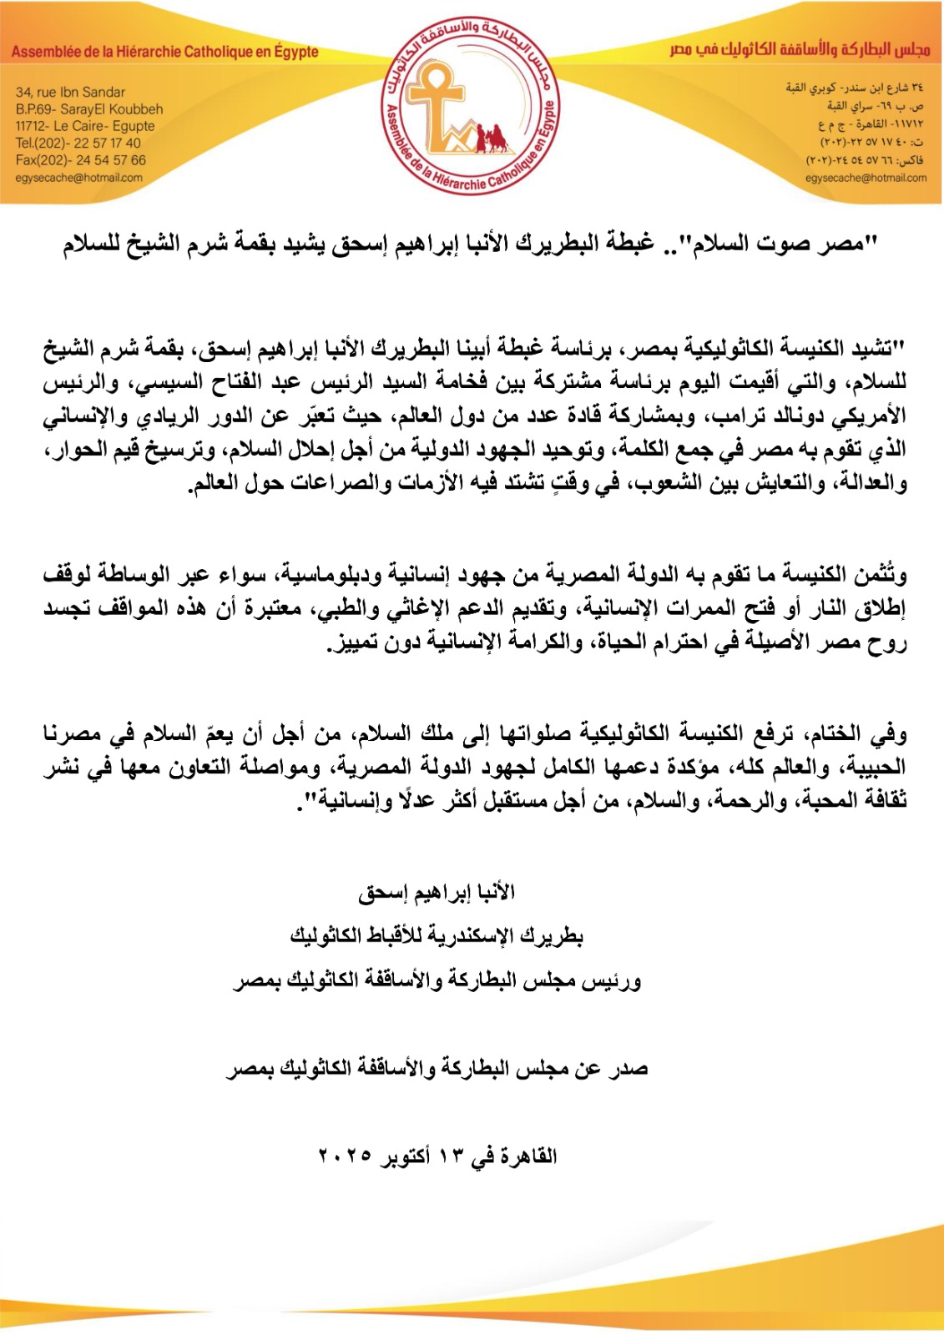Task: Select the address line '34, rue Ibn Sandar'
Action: (70, 92)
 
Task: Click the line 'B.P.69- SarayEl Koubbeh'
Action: (89, 109)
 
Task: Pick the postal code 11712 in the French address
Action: (31, 126)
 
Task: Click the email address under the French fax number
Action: (78, 178)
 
